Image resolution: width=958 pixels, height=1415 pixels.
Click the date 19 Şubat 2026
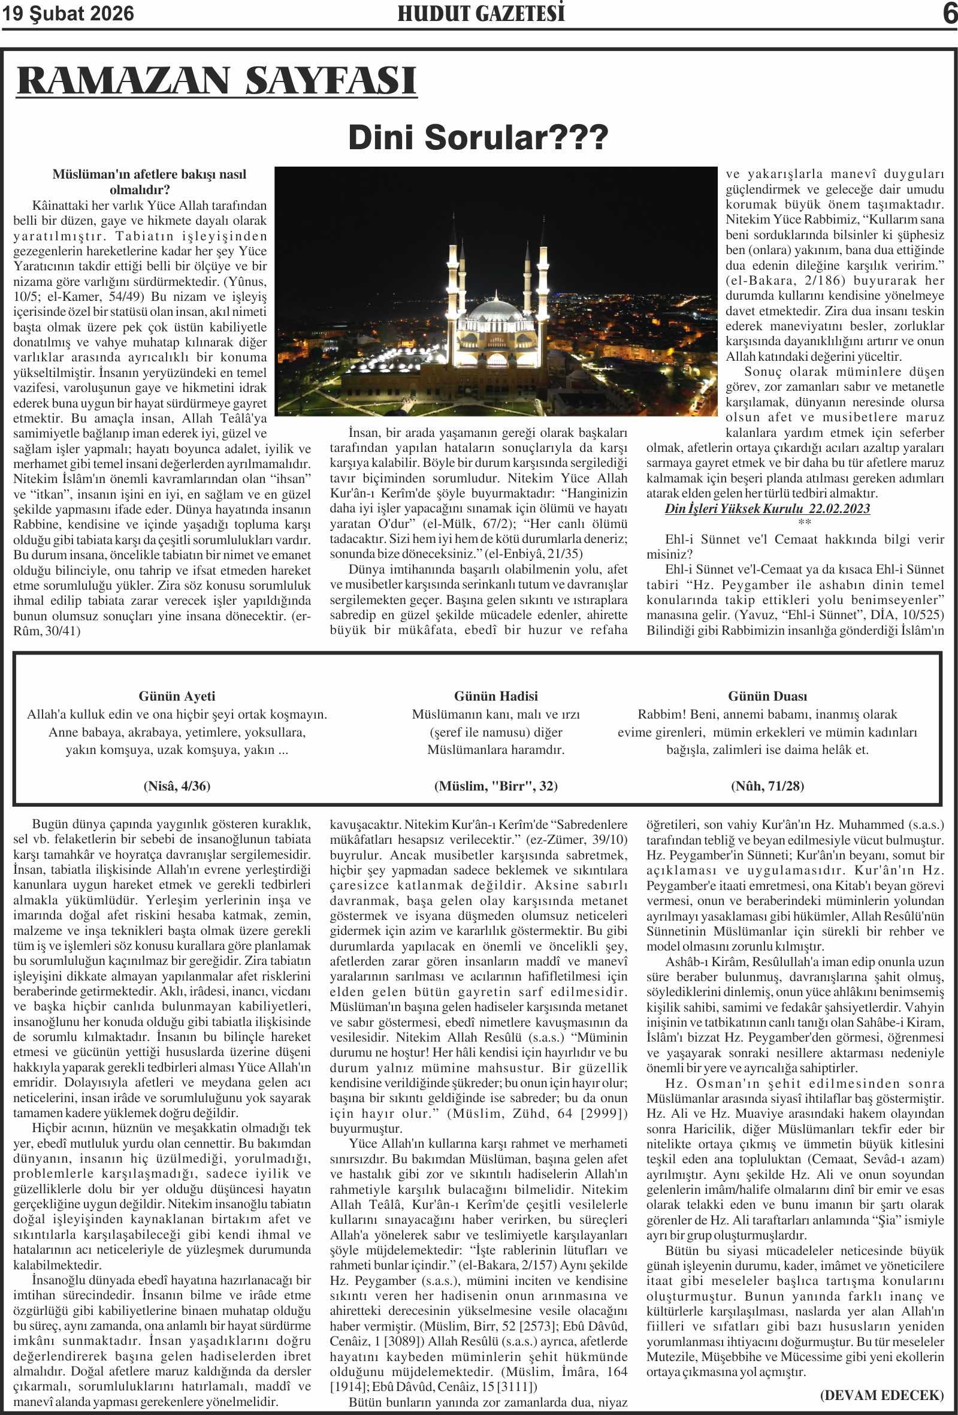pyautogui.click(x=68, y=13)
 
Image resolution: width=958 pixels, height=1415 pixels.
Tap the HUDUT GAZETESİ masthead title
pyautogui.click(x=481, y=13)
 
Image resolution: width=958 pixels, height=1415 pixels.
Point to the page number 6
pyautogui.click(x=950, y=13)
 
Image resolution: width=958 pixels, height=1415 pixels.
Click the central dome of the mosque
pyautogui.click(x=497, y=310)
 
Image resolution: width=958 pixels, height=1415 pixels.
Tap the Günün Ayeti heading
pyautogui.click(x=177, y=696)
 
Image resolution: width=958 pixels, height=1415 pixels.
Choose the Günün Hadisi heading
pyautogui.click(x=495, y=696)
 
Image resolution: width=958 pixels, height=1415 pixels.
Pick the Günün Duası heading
pyautogui.click(x=767, y=696)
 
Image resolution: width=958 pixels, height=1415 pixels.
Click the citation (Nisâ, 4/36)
pyautogui.click(x=177, y=786)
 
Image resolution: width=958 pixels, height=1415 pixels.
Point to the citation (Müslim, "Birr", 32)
pyautogui.click(x=495, y=786)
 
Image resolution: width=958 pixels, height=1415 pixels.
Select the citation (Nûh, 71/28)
pyautogui.click(x=767, y=786)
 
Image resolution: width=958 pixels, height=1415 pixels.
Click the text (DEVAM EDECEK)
pyautogui.click(x=881, y=1395)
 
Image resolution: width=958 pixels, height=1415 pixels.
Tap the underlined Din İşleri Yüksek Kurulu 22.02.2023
pyautogui.click(x=767, y=509)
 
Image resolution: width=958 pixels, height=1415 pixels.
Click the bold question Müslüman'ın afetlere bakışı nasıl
pyautogui.click(x=149, y=175)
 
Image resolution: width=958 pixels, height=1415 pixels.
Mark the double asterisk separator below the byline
pyautogui.click(x=804, y=523)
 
